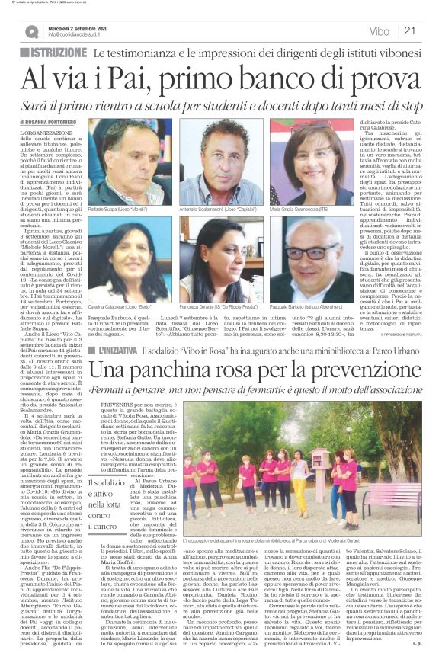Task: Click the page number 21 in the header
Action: pos(430,30)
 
